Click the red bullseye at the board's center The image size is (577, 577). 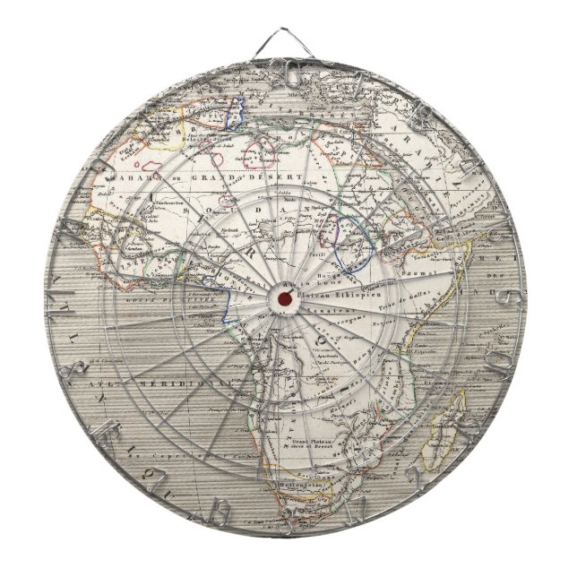click(x=285, y=297)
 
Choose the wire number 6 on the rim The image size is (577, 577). click(x=508, y=297)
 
